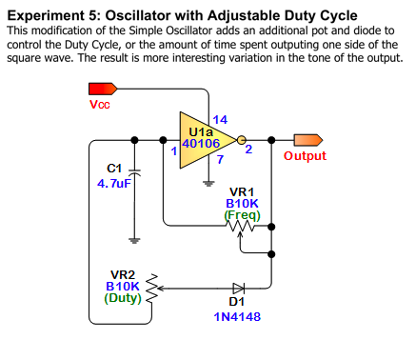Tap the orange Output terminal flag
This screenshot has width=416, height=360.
[x=308, y=140]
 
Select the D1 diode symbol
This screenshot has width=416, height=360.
[x=238, y=289]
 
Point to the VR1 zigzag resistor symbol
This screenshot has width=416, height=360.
[x=240, y=226]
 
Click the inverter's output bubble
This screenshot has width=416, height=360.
[x=241, y=140]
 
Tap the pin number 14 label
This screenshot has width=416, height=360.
[x=220, y=120]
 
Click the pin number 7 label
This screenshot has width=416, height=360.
[x=220, y=159]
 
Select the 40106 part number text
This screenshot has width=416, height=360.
[x=201, y=144]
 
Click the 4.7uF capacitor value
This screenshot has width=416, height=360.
[x=114, y=183]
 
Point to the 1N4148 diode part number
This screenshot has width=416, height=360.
[x=237, y=316]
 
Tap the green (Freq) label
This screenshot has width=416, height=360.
[x=242, y=215]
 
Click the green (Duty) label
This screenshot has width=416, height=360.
[x=123, y=298]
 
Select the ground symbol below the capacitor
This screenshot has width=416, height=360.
[x=135, y=240]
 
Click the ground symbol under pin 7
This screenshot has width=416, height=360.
[x=208, y=183]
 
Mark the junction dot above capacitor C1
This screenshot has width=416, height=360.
[x=135, y=140]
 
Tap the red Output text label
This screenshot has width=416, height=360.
[x=305, y=156]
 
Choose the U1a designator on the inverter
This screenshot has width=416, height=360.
[x=201, y=131]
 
